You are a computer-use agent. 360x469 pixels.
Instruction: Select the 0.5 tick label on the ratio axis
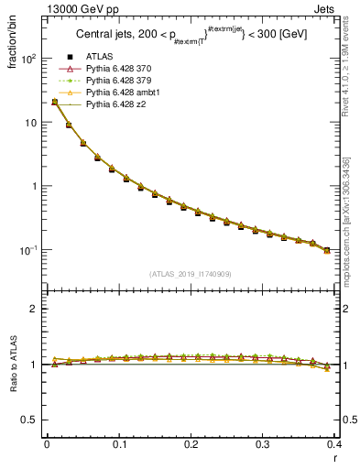pos(29,420)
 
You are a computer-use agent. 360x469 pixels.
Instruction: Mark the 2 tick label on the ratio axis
pos(34,309)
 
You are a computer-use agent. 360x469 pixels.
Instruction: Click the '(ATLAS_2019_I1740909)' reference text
pos(191,273)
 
